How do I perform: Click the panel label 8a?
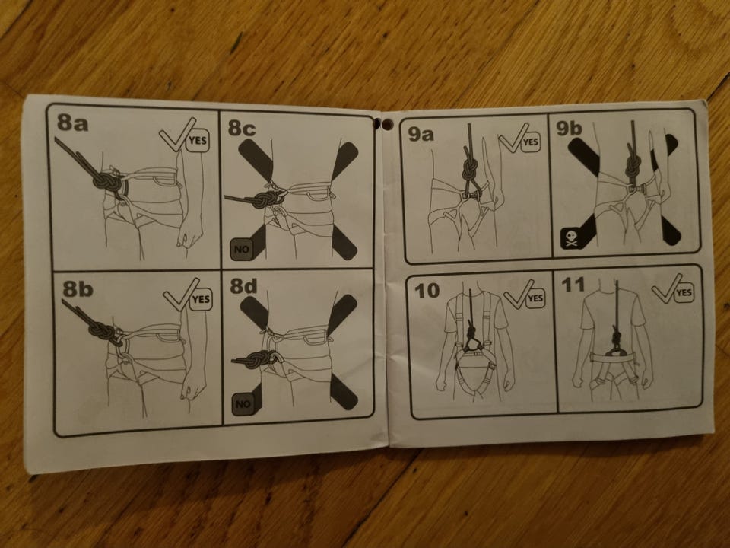pyautogui.click(x=73, y=122)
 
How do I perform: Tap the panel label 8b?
pyautogui.click(x=78, y=288)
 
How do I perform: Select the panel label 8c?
pyautogui.click(x=242, y=127)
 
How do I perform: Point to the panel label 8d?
pyautogui.click(x=243, y=285)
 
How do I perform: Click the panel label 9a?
pyautogui.click(x=421, y=134)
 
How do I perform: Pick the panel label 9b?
pyautogui.click(x=570, y=128)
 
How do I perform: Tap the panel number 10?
pyautogui.click(x=427, y=291)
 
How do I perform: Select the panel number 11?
pyautogui.click(x=573, y=284)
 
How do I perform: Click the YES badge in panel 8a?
pyautogui.click(x=198, y=140)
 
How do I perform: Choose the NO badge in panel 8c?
pyautogui.click(x=241, y=250)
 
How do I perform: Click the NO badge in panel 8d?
pyautogui.click(x=243, y=404)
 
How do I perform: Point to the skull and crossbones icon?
pyautogui.click(x=571, y=238)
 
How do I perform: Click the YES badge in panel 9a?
pyautogui.click(x=530, y=142)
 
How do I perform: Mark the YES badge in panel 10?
pyautogui.click(x=535, y=298)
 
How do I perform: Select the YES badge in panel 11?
pyautogui.click(x=684, y=292)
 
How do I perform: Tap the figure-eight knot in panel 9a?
pyautogui.click(x=470, y=170)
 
